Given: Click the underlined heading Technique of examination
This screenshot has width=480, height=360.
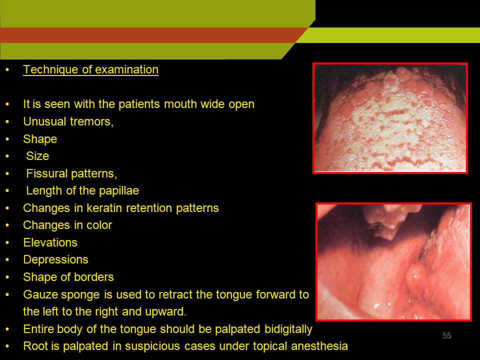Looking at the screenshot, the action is tap(90, 70).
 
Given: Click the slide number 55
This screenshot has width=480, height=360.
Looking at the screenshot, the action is tap(446, 335).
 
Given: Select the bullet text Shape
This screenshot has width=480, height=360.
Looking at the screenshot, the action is tap(40, 139).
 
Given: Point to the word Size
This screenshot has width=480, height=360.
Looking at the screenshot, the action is tap(37, 156).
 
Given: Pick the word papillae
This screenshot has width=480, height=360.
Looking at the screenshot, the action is tap(119, 190).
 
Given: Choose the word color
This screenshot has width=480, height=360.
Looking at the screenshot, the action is tap(99, 225).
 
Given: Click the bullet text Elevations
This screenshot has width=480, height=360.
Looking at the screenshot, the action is tap(50, 243).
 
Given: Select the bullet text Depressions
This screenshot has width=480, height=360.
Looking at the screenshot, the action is tap(55, 259).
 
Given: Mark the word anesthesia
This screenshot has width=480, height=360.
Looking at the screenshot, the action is tap(319, 346).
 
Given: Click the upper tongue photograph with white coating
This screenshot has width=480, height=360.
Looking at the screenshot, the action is tap(390, 118).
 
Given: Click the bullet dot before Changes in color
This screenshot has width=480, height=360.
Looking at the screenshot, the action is tap(7, 225).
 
